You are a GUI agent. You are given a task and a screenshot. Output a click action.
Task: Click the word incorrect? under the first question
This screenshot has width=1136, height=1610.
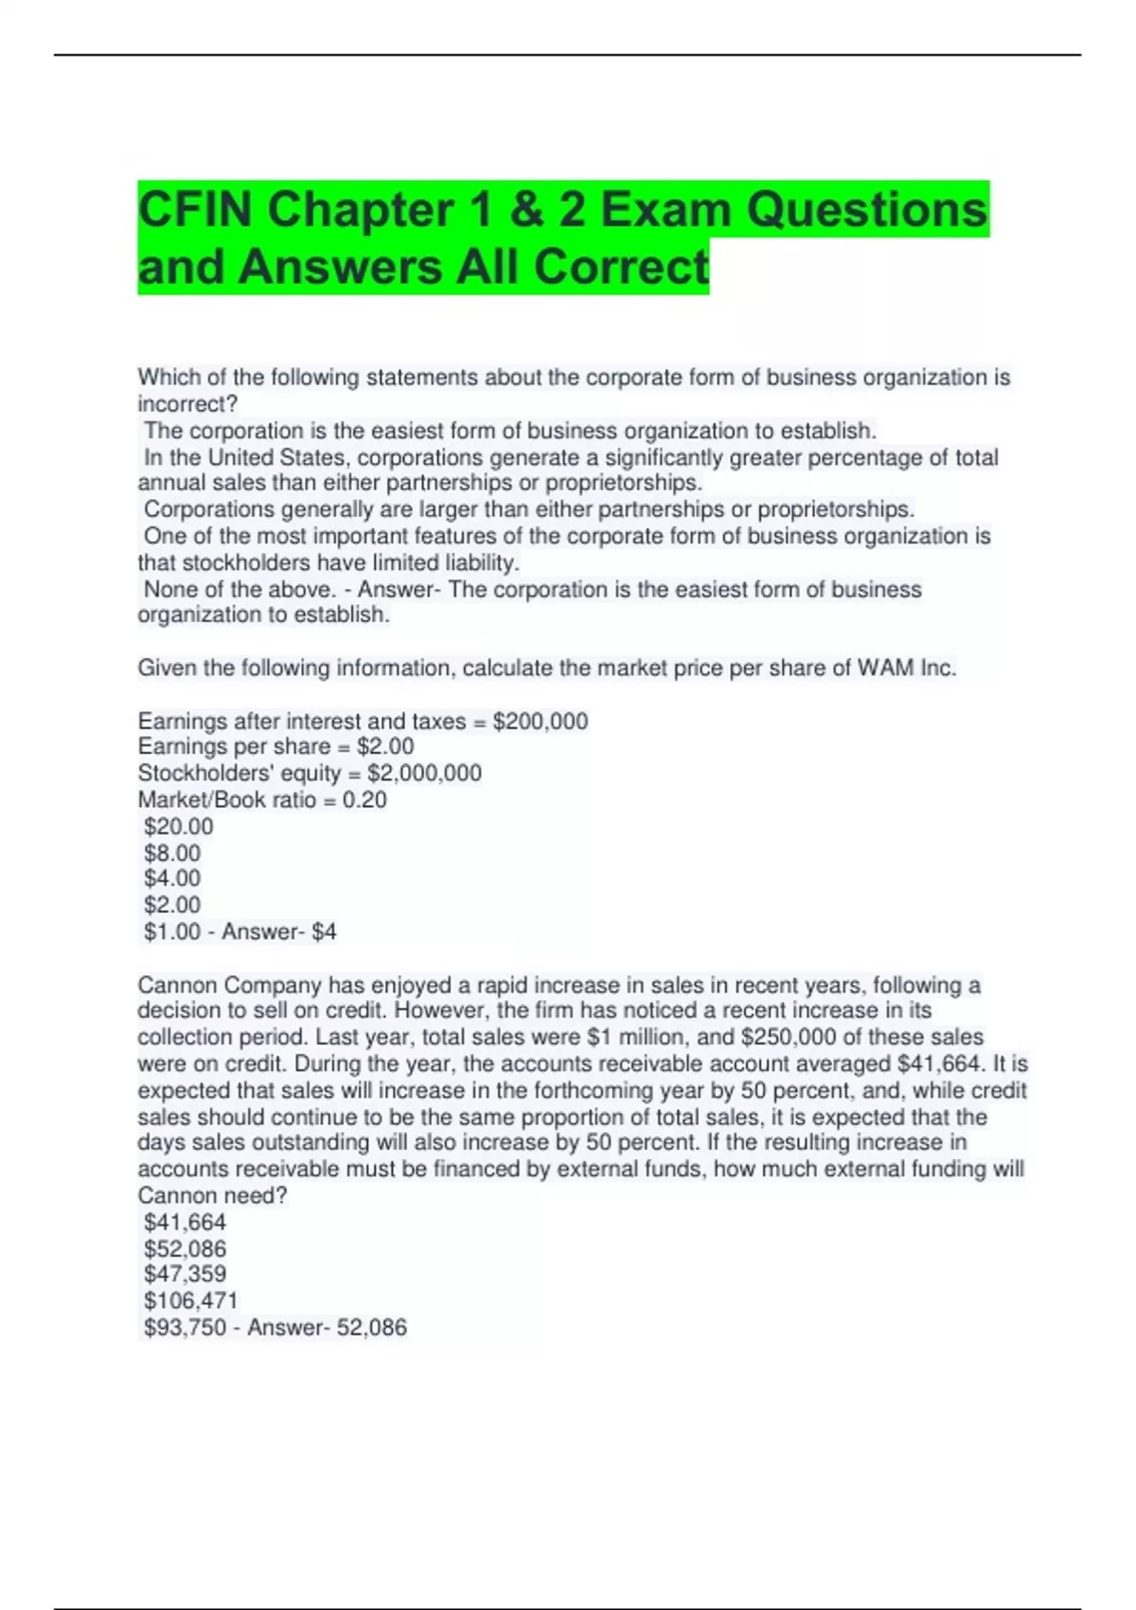pyautogui.click(x=187, y=403)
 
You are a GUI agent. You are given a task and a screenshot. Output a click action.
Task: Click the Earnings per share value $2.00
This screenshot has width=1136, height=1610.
pyautogui.click(x=385, y=746)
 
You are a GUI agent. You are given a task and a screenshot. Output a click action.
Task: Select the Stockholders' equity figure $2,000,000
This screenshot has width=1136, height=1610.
pyautogui.click(x=424, y=773)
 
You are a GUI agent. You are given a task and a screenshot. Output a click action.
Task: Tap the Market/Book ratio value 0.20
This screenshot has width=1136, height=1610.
pyautogui.click(x=364, y=799)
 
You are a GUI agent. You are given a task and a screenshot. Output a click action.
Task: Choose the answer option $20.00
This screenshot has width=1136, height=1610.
pyautogui.click(x=178, y=826)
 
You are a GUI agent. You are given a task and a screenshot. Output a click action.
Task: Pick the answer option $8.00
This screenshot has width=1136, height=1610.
pyautogui.click(x=172, y=852)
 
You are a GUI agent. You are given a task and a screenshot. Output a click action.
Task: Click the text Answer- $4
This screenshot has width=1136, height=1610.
pyautogui.click(x=279, y=932)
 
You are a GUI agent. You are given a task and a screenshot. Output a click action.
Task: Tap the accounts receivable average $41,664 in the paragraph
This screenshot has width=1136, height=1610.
pyautogui.click(x=937, y=1064)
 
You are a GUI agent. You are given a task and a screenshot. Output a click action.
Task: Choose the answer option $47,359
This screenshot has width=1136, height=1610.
pyautogui.click(x=185, y=1274)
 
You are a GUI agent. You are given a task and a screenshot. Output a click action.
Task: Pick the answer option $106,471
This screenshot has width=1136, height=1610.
pyautogui.click(x=190, y=1300)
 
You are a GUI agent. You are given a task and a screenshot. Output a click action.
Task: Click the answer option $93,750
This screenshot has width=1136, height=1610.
pyautogui.click(x=185, y=1327)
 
